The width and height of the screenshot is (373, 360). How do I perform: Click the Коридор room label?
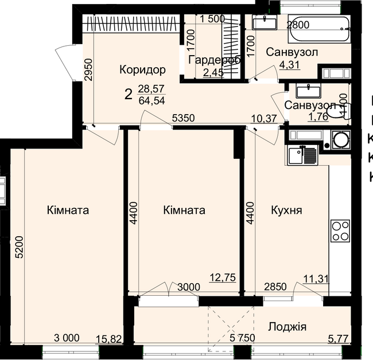142,70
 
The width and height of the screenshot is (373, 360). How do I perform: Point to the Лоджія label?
287,327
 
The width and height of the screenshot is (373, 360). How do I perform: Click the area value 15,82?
109,339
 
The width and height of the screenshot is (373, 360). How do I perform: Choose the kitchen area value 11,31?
316,279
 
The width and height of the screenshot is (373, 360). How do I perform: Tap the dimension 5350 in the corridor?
185,118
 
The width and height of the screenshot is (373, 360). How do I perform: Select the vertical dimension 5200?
19,248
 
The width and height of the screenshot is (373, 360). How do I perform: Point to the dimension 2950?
88,72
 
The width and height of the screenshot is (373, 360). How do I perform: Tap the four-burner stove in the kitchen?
340,231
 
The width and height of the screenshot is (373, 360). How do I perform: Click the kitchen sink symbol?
302,154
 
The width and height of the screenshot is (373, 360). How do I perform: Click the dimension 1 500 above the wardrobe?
212,18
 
